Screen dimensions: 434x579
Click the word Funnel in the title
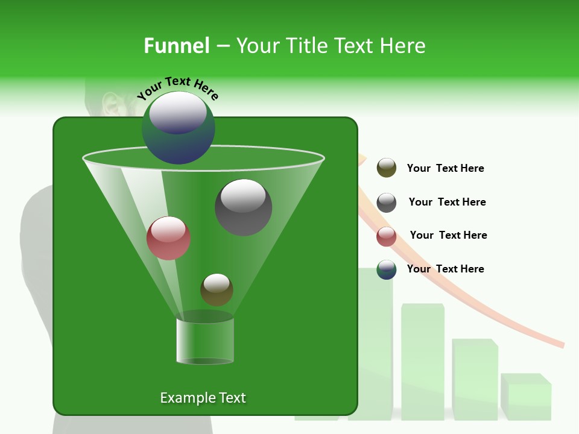(x=176, y=45)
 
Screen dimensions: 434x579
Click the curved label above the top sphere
(x=177, y=88)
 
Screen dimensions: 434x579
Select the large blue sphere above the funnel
(x=179, y=128)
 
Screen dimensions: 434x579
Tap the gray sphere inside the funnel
(x=244, y=207)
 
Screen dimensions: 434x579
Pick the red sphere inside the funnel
(x=168, y=238)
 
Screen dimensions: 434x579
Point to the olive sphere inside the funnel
(x=217, y=289)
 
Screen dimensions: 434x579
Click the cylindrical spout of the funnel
(x=205, y=341)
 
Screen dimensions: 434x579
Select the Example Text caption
(x=203, y=398)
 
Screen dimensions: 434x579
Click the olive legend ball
(x=387, y=168)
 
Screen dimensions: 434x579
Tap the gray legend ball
(x=387, y=203)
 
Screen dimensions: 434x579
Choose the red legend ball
(x=387, y=236)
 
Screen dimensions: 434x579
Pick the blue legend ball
(x=387, y=269)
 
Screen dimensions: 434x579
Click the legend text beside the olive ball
(x=445, y=168)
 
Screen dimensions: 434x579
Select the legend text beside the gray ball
(x=447, y=202)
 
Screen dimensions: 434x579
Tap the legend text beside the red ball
(x=448, y=235)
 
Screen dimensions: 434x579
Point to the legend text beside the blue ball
(x=445, y=269)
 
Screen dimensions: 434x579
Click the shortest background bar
(x=526, y=398)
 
